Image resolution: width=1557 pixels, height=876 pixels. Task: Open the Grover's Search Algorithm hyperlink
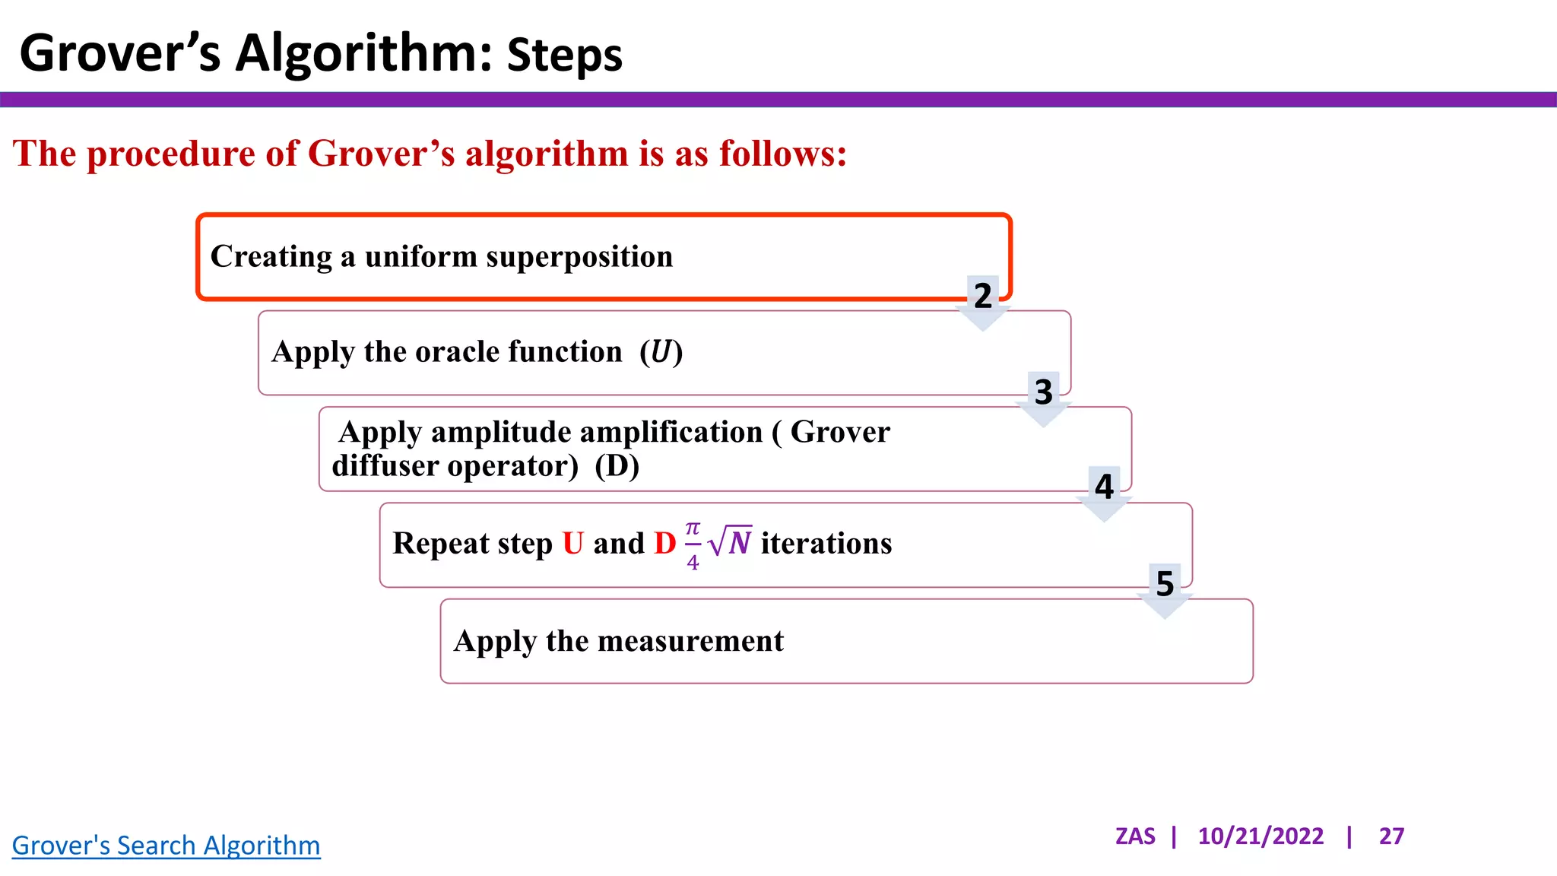pos(166,846)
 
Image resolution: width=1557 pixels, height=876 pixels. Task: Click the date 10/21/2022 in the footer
pos(1261,836)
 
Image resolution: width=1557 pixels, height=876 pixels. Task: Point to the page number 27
pos(1391,836)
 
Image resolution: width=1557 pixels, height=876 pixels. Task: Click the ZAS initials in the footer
pos(1135,836)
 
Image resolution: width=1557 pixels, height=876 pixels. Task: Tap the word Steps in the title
pos(564,56)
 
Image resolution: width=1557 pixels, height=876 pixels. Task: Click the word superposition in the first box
pos(579,257)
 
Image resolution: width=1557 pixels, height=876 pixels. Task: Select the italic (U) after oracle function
pos(661,352)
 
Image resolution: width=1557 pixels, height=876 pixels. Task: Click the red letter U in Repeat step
pos(572,544)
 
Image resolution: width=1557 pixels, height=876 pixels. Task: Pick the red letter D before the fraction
pos(664,544)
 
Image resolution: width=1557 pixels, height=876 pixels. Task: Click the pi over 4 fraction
pos(693,545)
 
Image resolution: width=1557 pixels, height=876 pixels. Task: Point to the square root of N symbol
pos(731,542)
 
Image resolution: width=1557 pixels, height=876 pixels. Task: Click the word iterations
pos(826,544)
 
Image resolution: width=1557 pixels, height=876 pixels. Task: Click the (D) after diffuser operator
pos(617,466)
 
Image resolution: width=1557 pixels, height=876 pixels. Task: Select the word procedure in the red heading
pos(170,154)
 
